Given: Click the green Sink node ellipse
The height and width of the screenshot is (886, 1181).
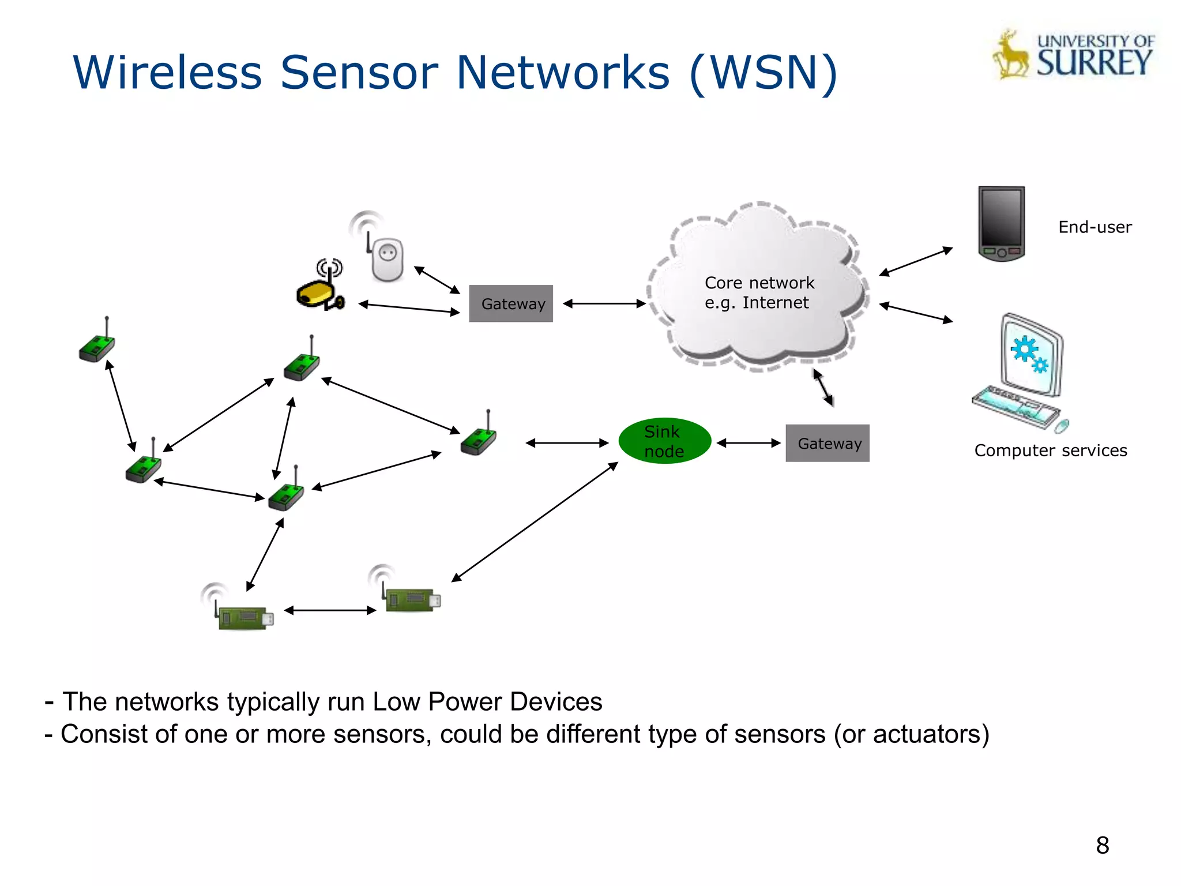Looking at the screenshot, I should [664, 441].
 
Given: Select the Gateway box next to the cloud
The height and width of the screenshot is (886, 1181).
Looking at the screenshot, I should [511, 303].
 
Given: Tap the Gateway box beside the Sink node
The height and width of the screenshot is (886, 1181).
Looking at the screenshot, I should [827, 443].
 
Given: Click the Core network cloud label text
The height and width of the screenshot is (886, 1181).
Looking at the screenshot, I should [759, 292].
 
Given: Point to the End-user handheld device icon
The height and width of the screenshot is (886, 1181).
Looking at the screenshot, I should [1001, 223].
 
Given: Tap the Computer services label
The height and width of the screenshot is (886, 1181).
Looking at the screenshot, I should [1050, 450].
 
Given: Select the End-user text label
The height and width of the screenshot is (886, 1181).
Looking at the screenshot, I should [1095, 227].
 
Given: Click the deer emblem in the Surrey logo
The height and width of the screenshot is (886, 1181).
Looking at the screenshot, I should [1010, 56].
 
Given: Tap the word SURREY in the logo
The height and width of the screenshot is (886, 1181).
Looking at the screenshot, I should [1094, 63].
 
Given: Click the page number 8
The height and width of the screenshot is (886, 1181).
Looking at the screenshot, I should [1102, 846].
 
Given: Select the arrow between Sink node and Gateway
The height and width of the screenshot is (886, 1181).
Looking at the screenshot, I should [749, 443].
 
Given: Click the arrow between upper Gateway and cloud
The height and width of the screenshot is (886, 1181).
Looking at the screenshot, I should [604, 303].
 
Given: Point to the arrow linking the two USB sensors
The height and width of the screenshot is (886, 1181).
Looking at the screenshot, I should [330, 610].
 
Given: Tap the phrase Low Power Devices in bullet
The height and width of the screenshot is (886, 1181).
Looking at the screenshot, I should [487, 702].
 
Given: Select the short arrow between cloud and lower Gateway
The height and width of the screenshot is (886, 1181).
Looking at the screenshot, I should [823, 388].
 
